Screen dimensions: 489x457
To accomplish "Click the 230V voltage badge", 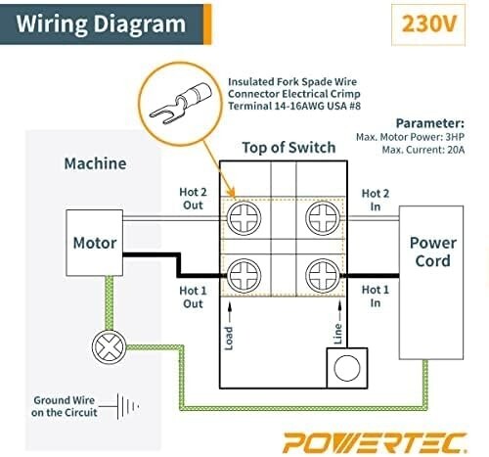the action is tap(428, 24).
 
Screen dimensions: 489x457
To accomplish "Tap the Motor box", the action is tap(95, 243).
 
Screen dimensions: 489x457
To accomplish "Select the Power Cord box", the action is tap(431, 283).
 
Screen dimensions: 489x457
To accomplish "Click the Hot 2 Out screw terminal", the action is tap(244, 218).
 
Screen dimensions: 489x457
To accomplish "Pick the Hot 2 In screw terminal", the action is tap(323, 218).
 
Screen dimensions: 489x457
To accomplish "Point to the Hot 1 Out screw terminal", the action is tap(244, 276).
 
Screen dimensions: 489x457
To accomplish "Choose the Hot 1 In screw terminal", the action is tap(323, 276).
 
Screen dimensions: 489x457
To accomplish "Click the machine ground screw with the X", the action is tap(109, 347).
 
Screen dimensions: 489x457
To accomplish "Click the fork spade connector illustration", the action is tap(181, 104).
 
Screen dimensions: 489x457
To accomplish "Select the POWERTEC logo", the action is tap(375, 442).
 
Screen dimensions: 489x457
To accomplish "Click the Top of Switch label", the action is tap(289, 148).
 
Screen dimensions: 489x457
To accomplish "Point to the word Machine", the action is tap(95, 163).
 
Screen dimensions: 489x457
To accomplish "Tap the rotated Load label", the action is tap(229, 339).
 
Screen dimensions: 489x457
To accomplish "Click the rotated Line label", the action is tap(338, 334).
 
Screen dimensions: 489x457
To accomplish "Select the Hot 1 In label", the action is tap(376, 297).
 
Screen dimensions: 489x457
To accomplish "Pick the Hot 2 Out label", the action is tap(193, 199).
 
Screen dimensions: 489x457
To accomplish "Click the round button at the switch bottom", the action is tap(347, 368).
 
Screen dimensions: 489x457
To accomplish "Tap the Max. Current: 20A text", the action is tap(423, 150).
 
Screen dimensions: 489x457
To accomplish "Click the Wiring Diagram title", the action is tap(101, 24).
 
